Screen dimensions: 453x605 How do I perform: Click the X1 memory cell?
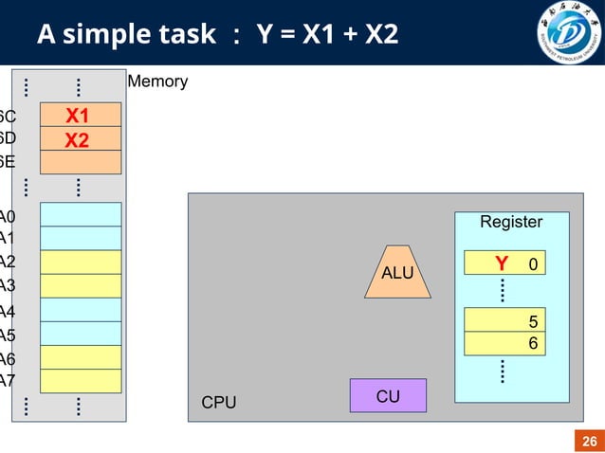pyautogui.click(x=81, y=115)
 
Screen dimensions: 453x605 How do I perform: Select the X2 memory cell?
pyautogui.click(x=81, y=138)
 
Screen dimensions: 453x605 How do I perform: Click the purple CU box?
pyautogui.click(x=388, y=395)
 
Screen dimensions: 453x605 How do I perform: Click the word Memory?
pyautogui.click(x=157, y=82)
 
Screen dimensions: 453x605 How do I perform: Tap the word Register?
pyautogui.click(x=511, y=222)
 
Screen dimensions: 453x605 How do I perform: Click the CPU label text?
pyautogui.click(x=219, y=403)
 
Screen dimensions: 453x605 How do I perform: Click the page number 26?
pyautogui.click(x=589, y=441)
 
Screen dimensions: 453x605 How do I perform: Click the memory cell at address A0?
pyautogui.click(x=81, y=214)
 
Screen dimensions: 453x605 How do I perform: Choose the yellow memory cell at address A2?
pyautogui.click(x=81, y=262)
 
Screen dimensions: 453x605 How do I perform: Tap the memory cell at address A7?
pyautogui.click(x=81, y=381)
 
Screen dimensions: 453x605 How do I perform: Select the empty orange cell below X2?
pyautogui.click(x=81, y=162)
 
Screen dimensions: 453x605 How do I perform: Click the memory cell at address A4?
pyautogui.click(x=81, y=310)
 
